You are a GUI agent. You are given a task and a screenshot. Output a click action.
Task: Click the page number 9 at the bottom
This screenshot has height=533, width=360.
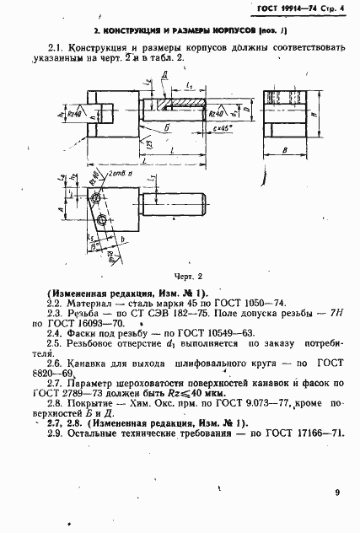pos(337,492)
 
